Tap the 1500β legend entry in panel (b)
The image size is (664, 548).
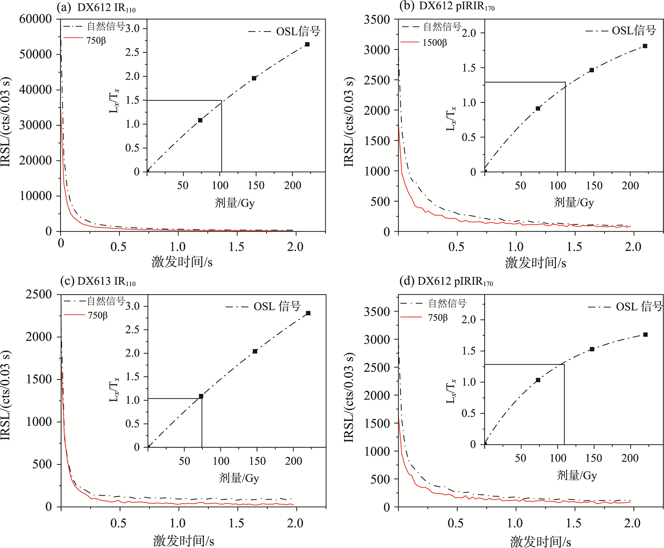pos(434,43)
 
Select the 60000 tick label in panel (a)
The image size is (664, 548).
pos(35,19)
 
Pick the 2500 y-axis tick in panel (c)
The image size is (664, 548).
pos(38,295)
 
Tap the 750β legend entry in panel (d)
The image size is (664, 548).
pos(438,318)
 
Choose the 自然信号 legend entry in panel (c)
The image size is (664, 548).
pos(106,301)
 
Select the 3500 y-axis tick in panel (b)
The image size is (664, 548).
pos(377,20)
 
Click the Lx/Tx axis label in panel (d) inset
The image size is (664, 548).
pos(451,391)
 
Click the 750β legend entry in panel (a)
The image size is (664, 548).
pos(96,40)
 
